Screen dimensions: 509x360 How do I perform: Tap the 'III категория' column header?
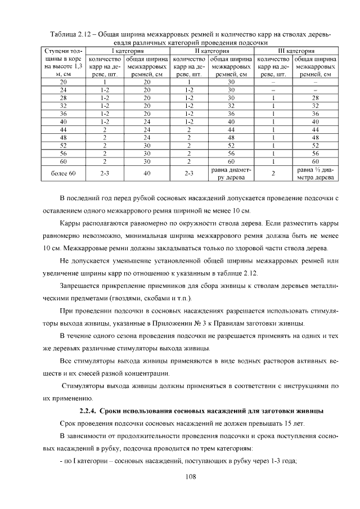coord(295,51)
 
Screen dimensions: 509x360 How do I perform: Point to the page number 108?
coord(190,477)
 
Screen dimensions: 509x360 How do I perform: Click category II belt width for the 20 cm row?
coord(231,82)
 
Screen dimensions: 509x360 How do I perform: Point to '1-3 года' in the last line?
coord(282,461)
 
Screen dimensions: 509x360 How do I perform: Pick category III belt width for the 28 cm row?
coord(315,97)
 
